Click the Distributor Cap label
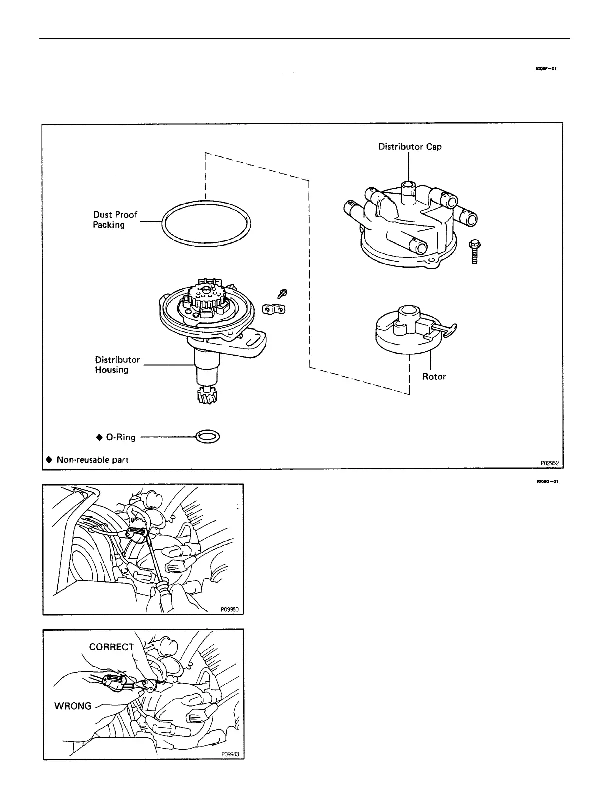409,147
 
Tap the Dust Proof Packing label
115,220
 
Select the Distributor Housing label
117,365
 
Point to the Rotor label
434,376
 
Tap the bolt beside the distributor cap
474,252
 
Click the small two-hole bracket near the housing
274,310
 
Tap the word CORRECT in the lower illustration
112,647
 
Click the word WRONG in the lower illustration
73,706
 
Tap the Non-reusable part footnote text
92,460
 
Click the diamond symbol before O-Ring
98,438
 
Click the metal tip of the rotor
450,328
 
